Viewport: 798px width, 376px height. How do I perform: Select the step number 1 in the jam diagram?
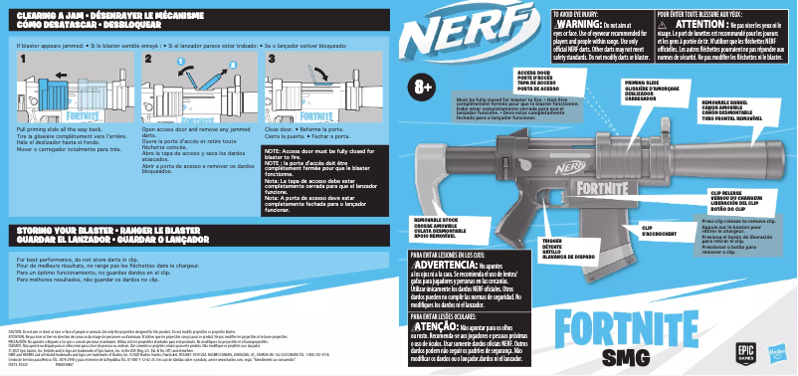[22, 61]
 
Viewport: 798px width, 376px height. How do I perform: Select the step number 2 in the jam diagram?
[147, 61]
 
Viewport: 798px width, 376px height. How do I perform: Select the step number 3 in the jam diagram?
[271, 61]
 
